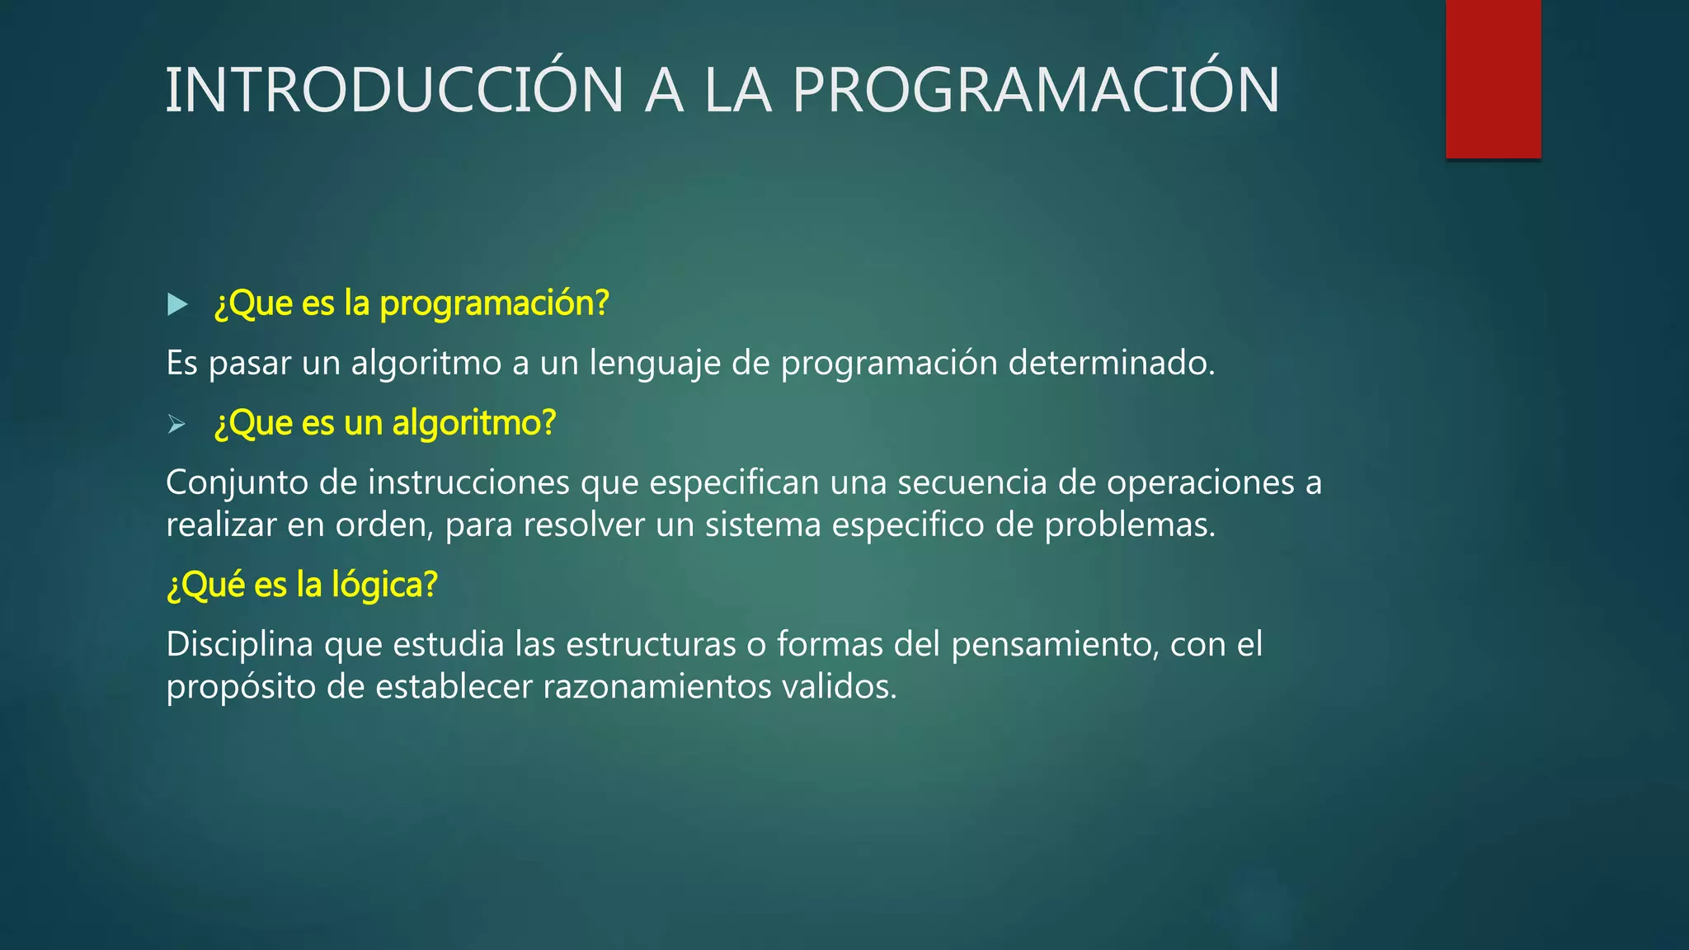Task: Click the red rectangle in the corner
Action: click(1493, 79)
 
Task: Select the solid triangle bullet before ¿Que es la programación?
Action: click(176, 304)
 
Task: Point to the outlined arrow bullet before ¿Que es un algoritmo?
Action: click(176, 425)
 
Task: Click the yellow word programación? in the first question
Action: click(493, 304)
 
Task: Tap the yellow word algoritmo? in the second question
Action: click(473, 424)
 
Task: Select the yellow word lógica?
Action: click(383, 586)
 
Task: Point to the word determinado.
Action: click(1111, 364)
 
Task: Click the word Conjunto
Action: click(237, 483)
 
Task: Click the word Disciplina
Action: click(239, 645)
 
